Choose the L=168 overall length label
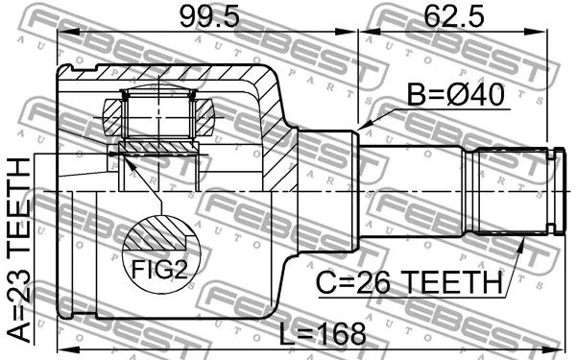pos(321,333)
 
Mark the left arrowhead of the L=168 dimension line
pos(63,347)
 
